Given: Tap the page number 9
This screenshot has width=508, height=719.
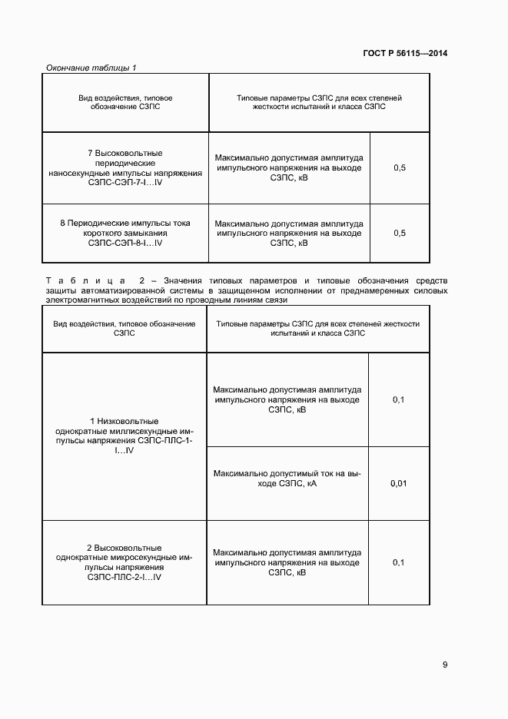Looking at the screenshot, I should (445, 665).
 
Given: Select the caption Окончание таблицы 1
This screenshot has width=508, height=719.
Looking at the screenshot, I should (91, 68).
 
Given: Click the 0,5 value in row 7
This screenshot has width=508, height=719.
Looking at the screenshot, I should (400, 167).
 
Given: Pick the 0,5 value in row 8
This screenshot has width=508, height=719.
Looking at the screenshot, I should (400, 233).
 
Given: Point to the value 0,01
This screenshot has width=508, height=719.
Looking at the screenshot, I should (398, 483).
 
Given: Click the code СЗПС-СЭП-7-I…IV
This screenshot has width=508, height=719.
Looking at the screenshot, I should (125, 184).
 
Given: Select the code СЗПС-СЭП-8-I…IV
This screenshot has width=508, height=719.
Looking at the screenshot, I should (125, 243).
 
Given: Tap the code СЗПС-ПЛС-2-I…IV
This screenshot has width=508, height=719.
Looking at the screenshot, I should (124, 576).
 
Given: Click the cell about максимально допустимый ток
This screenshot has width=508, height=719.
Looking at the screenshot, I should (287, 479).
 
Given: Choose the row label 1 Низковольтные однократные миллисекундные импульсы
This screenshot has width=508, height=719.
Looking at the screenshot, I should (124, 436).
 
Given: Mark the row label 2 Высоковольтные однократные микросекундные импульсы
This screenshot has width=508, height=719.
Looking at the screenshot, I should (124, 562).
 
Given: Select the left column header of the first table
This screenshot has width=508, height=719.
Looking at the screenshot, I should (125, 103).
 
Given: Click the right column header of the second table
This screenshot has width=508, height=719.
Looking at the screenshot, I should (318, 329).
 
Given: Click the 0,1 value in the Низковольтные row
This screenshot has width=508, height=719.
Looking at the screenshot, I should (398, 399).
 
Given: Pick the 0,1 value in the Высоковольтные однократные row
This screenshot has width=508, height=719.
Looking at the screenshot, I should (398, 562).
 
